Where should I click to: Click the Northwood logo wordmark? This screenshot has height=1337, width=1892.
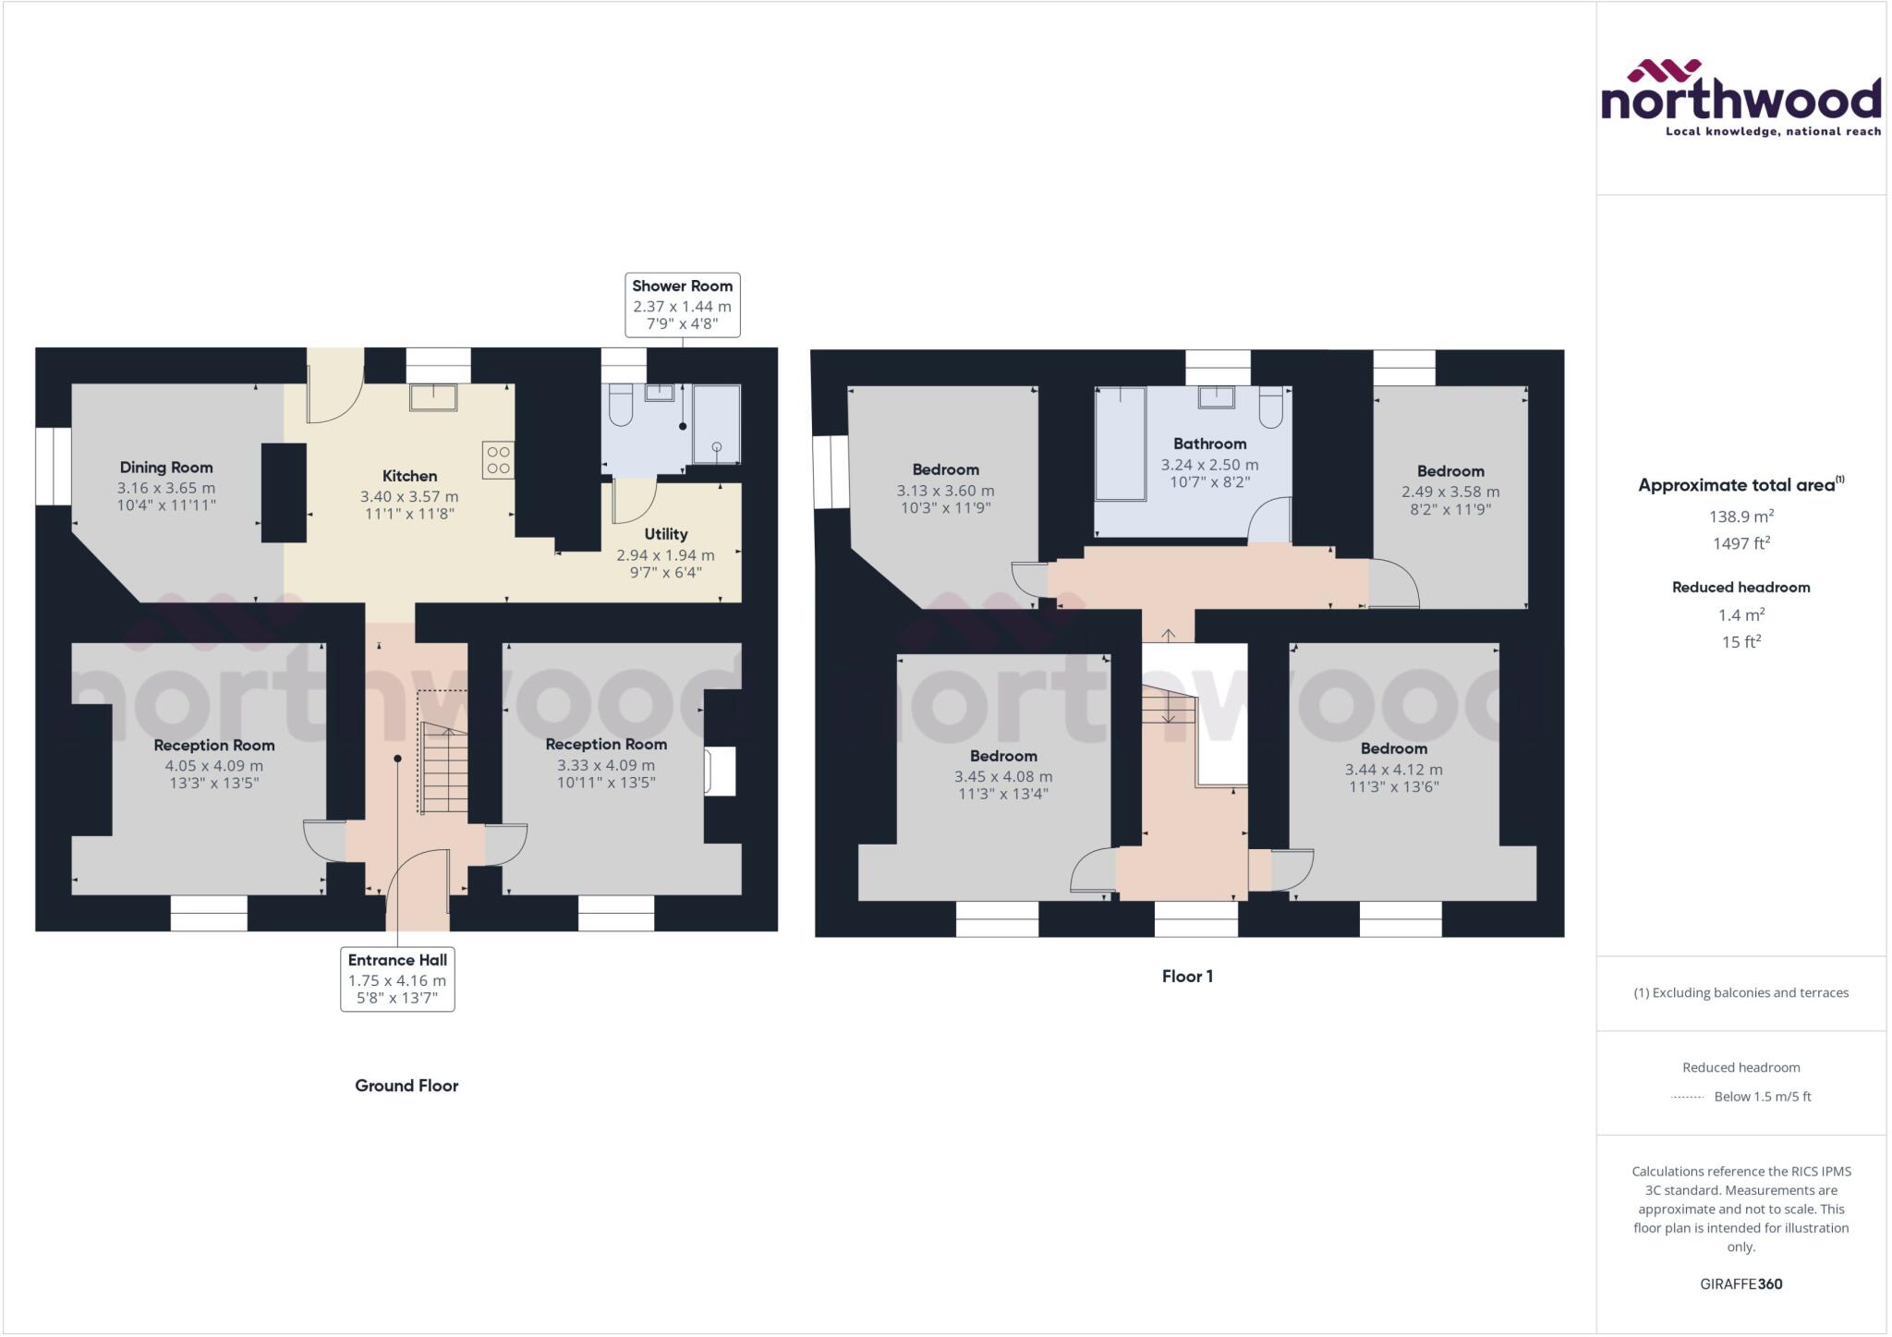click(x=1740, y=101)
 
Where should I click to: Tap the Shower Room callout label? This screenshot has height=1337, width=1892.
click(x=682, y=304)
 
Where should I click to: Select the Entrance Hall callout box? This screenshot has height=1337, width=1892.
click(x=397, y=979)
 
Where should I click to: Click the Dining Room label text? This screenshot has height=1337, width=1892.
click(x=166, y=468)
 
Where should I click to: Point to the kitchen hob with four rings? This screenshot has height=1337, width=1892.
click(x=498, y=460)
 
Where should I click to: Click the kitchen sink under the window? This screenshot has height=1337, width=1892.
click(x=433, y=397)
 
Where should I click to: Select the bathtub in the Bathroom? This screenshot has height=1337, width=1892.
click(x=1121, y=444)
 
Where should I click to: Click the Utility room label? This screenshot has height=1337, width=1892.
click(x=666, y=534)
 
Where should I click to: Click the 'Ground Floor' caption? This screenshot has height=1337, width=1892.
click(x=406, y=1086)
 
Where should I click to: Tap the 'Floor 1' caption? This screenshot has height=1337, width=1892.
click(x=1187, y=976)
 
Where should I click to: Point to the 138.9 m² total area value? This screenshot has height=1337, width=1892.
click(x=1740, y=517)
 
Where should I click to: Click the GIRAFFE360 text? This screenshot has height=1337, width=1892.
click(x=1740, y=1283)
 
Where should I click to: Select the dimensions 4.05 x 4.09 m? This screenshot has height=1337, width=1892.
click(x=214, y=766)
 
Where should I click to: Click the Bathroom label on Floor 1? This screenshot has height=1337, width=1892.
click(x=1209, y=444)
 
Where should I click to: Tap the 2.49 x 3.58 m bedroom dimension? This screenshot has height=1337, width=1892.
click(x=1450, y=492)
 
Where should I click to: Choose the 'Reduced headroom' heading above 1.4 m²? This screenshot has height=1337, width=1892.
click(x=1740, y=587)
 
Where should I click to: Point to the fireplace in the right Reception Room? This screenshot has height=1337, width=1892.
click(x=720, y=771)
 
